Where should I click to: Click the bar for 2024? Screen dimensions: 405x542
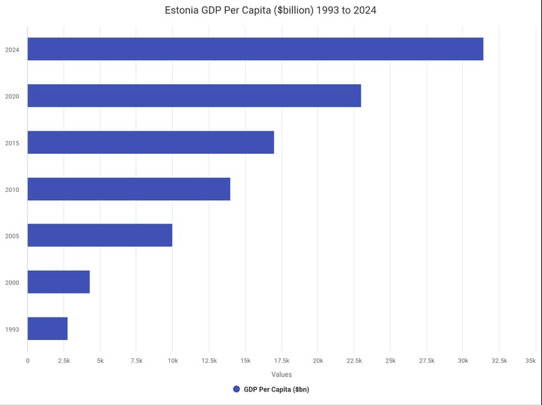(x=255, y=49)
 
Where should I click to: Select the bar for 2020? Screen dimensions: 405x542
(x=194, y=96)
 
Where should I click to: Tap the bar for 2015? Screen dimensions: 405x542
(x=150, y=143)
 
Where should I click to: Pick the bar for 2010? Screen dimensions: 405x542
(x=128, y=189)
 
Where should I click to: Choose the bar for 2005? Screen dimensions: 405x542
(x=100, y=236)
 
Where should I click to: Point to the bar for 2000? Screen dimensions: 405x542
(x=59, y=282)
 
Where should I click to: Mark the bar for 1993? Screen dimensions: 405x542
(x=47, y=329)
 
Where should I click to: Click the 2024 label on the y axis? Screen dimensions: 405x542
(x=12, y=49)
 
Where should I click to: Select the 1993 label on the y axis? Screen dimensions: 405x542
(x=12, y=330)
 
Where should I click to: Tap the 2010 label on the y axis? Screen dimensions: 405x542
(x=12, y=190)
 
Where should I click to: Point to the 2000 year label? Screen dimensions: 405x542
(x=12, y=283)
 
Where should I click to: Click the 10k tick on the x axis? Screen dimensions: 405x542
(x=172, y=361)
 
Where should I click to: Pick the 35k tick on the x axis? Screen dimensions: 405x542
(x=530, y=361)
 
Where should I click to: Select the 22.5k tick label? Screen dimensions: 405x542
(x=354, y=361)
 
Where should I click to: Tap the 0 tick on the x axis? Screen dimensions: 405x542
(x=28, y=361)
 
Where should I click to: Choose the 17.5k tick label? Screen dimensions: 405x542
(x=281, y=361)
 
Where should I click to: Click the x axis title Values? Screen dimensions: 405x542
(x=281, y=375)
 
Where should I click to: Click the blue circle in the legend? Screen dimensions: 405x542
(x=236, y=389)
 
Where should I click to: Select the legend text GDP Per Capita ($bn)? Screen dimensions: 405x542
(x=276, y=389)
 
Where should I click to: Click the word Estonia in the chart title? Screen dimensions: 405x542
(x=183, y=11)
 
